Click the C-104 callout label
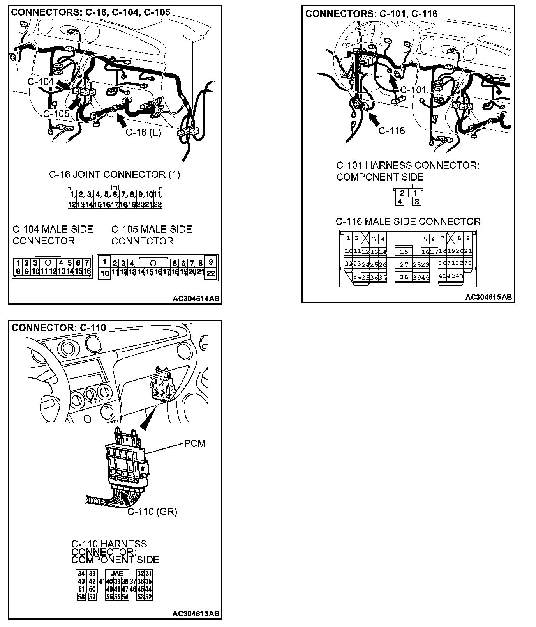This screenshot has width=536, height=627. pos(41,81)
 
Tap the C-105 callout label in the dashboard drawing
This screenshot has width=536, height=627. pos(56,113)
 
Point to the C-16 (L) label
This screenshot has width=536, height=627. pos(143,133)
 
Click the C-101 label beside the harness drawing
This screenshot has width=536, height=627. pos(413,90)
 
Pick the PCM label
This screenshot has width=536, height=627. pos(194,443)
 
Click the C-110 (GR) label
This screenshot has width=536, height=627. pos(152,512)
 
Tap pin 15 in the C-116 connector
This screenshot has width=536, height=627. pos(404,252)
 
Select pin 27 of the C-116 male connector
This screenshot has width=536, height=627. pos(404,264)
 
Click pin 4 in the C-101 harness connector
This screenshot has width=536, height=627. pos(400,202)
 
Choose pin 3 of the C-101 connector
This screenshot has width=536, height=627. pos(416,202)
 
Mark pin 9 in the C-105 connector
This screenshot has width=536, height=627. pos(210,262)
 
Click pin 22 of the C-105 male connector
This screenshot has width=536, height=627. pos(210,273)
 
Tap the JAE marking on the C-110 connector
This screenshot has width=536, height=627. pos(117,573)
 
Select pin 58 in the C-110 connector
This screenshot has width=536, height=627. pos(81,597)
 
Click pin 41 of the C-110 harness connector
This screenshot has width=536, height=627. pos(101,581)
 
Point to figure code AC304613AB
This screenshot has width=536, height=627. pos(196,613)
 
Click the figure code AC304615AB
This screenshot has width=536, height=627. pos(488,297)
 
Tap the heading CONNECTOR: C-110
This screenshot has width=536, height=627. pos(59,328)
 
